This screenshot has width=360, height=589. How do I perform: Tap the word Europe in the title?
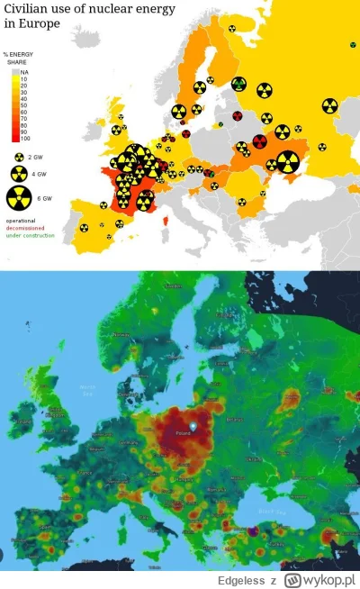tap(37, 24)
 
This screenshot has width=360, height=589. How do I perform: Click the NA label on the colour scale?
tap(23, 70)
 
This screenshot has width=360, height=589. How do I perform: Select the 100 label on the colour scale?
tap(24, 138)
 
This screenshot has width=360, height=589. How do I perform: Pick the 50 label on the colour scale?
tap(23, 104)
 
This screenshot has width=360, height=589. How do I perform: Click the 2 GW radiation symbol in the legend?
tap(19, 157)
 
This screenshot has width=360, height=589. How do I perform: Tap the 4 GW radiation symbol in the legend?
tap(19, 173)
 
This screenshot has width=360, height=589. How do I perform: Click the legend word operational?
tap(22, 221)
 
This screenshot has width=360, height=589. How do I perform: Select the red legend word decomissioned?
tap(25, 228)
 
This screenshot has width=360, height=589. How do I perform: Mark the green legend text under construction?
tap(30, 235)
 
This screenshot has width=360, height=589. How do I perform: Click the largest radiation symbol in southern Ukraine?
tap(287, 161)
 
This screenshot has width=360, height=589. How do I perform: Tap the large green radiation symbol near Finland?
tap(238, 84)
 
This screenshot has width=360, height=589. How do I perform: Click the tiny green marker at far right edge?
tap(352, 44)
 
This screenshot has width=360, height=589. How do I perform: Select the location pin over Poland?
tap(193, 417)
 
